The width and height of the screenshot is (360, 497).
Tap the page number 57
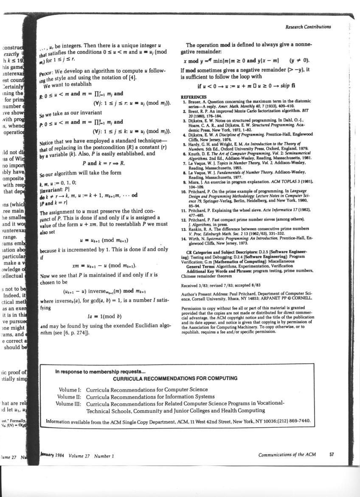click(332, 454)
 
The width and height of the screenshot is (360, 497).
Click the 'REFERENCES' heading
click(194, 97)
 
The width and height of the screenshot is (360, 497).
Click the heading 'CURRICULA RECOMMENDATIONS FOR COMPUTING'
click(175, 378)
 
